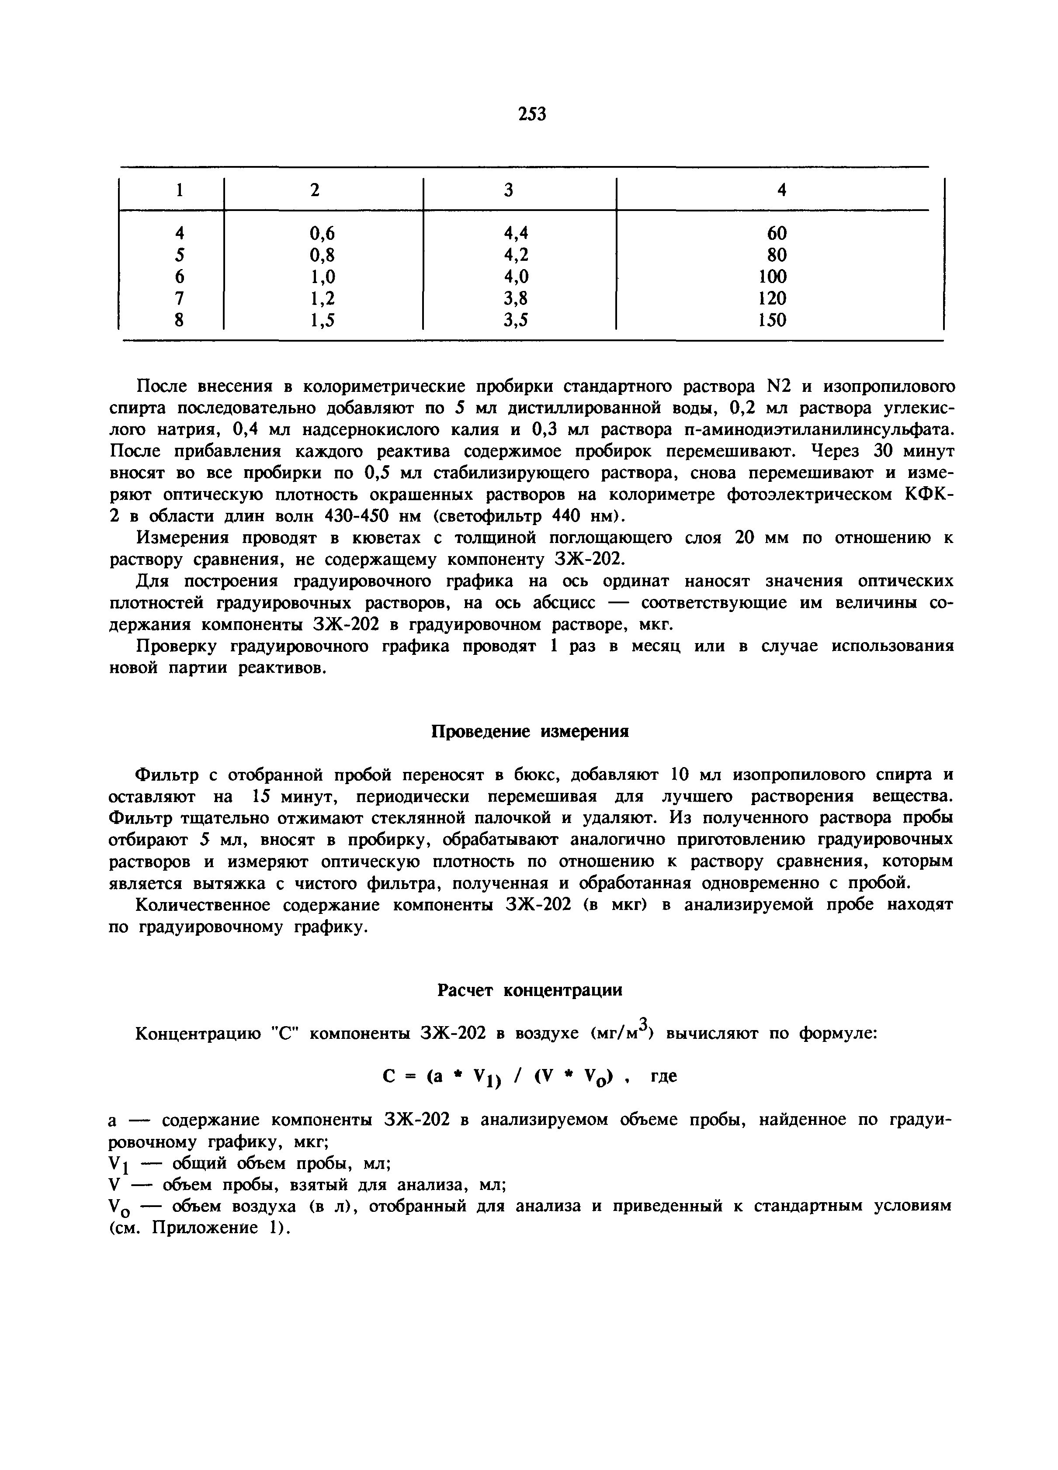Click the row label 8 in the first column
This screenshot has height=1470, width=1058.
click(x=180, y=320)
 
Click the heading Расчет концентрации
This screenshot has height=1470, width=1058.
click(x=530, y=990)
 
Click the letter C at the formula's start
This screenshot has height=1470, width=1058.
click(x=389, y=1076)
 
